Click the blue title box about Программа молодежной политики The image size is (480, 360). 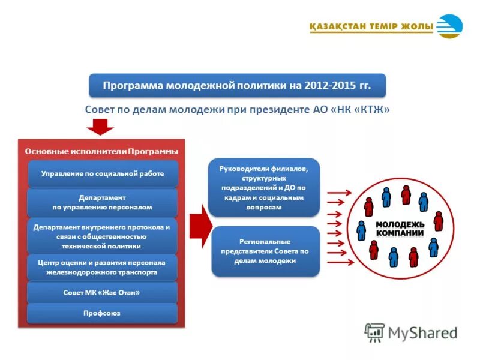[x=237, y=86]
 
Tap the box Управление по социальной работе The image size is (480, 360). [x=103, y=173]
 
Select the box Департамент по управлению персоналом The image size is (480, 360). [x=103, y=202]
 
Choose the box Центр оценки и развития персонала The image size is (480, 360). [x=103, y=267]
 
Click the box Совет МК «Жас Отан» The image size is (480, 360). [x=103, y=292]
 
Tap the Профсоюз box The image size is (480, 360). [x=103, y=313]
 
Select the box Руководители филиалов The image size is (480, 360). [x=265, y=188]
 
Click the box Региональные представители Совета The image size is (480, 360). [x=265, y=251]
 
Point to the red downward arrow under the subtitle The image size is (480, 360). [x=100, y=127]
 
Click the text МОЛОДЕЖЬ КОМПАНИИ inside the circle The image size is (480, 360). [x=400, y=229]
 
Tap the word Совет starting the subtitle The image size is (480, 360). [x=101, y=110]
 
